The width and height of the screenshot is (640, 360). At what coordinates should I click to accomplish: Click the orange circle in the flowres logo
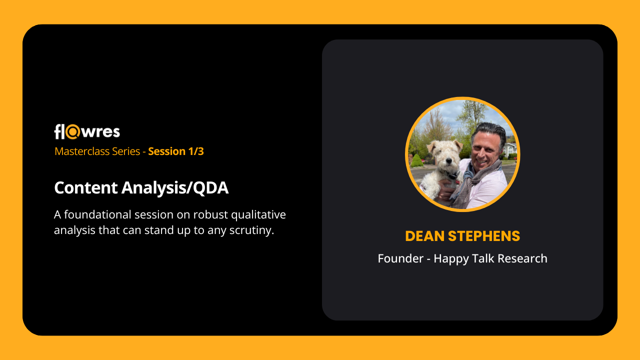point(72,131)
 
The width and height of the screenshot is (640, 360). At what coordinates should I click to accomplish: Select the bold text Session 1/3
point(175,151)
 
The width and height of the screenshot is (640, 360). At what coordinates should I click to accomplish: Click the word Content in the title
point(85,187)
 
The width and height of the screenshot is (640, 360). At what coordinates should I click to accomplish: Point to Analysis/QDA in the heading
point(175,188)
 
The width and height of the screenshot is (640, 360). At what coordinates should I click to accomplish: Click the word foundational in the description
point(97,214)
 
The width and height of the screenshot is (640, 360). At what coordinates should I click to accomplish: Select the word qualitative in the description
point(258,215)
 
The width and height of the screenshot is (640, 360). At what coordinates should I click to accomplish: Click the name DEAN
point(425,236)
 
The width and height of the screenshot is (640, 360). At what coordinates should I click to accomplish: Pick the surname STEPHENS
point(484,236)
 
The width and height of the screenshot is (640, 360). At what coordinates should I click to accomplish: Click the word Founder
point(400,258)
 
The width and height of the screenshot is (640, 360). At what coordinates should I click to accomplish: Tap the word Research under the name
point(522,258)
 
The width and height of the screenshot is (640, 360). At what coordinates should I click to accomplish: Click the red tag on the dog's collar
point(458,181)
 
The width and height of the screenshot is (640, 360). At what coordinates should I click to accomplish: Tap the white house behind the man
point(510,149)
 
